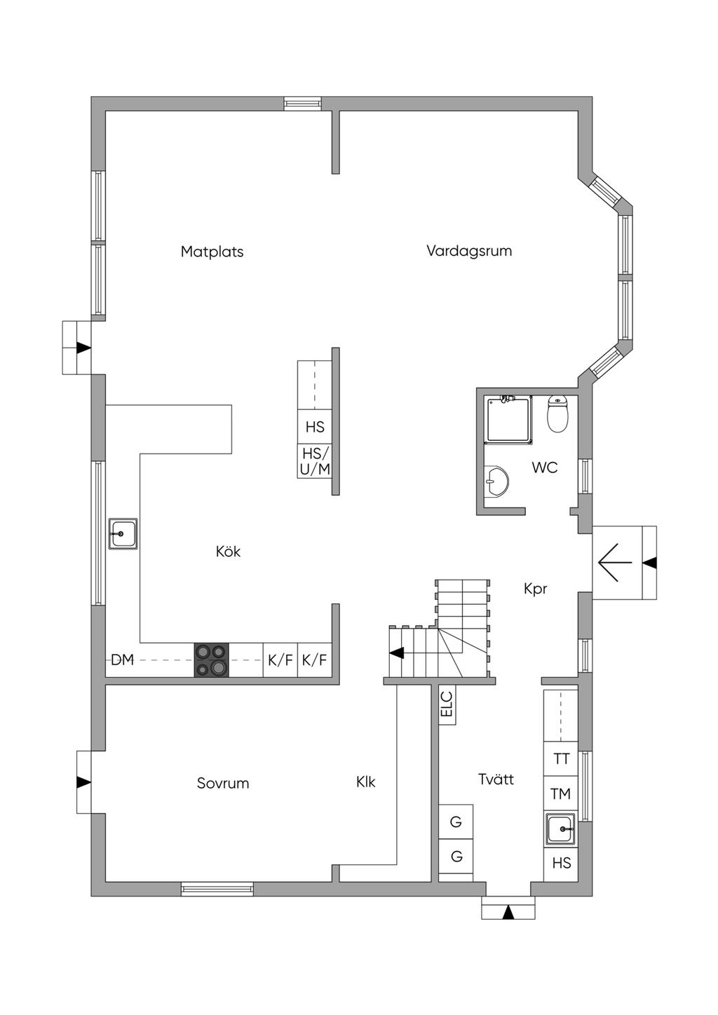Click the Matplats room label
[x=212, y=252]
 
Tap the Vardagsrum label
[x=469, y=250]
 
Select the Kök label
[x=228, y=552]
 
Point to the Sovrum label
[x=223, y=783]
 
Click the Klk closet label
[x=366, y=782]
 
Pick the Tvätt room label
[x=496, y=779]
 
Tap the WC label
[x=544, y=468]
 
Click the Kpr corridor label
[x=535, y=589]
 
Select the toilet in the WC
[x=557, y=414]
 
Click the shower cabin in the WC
[x=509, y=419]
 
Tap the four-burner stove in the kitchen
[x=212, y=660]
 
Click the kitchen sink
[x=123, y=534]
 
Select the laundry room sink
[x=561, y=829]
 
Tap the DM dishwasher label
[x=123, y=660]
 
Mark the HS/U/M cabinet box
[x=315, y=461]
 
